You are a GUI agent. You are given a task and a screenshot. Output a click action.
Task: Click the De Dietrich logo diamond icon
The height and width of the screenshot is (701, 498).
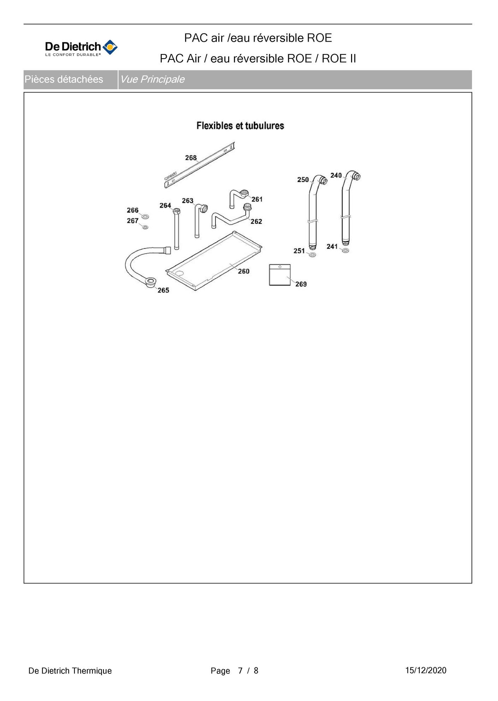[110, 47]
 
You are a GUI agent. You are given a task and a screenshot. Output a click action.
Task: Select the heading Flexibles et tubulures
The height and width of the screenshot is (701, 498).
[240, 126]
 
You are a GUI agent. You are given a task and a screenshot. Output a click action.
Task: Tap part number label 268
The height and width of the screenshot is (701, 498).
[191, 158]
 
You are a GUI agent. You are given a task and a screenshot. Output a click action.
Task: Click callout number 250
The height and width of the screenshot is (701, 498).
[303, 180]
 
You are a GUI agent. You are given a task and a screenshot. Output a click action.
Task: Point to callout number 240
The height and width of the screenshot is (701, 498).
[336, 175]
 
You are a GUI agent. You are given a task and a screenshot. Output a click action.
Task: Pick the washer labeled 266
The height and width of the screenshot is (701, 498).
[145, 216]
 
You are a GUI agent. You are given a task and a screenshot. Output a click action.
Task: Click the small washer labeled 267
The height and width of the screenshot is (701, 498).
[145, 227]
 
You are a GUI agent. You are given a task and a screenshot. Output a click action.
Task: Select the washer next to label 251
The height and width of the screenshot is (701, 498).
[312, 255]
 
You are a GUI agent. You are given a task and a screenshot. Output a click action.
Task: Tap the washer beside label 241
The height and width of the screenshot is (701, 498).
[345, 250]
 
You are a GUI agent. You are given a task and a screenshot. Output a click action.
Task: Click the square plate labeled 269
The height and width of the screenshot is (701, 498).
[280, 275]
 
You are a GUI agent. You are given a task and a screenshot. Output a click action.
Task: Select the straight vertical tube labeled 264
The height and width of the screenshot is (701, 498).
[177, 229]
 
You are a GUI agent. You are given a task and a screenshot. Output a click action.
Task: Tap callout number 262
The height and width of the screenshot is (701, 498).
[256, 222]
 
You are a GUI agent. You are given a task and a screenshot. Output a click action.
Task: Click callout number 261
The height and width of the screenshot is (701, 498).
[257, 199]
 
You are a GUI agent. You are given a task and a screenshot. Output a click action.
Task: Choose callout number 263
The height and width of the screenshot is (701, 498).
[188, 201]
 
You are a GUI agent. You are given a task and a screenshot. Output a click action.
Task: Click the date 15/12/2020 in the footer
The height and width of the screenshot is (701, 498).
[426, 670]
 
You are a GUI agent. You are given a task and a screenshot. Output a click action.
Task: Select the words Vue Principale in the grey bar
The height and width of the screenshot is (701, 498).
[152, 79]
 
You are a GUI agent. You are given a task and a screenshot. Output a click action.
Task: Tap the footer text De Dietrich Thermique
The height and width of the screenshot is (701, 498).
[70, 671]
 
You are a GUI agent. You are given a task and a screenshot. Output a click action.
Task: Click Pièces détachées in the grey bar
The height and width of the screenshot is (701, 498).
[64, 79]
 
